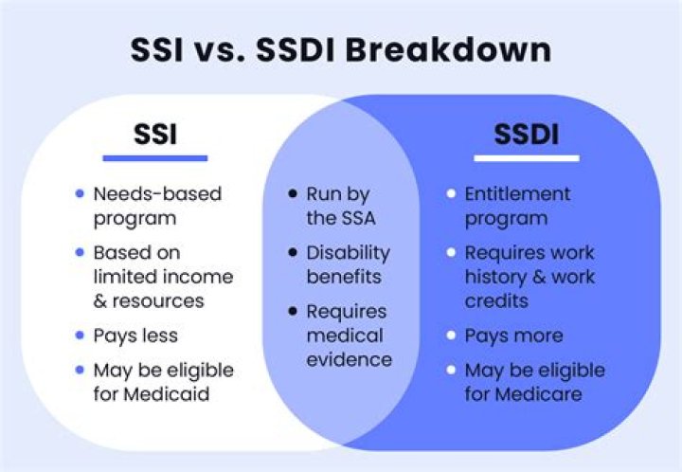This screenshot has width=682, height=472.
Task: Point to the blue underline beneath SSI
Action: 154,157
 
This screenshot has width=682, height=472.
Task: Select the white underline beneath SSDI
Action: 525,158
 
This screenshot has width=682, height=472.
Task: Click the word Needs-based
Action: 157,194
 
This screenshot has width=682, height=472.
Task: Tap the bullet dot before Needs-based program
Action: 80,194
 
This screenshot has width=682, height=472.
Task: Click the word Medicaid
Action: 173,394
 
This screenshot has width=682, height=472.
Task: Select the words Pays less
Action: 135,336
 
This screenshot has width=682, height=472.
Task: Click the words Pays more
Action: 513,336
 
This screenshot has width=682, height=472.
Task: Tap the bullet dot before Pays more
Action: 451,336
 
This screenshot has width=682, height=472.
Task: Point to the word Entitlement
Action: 517,194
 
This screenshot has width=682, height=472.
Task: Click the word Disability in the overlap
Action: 347,253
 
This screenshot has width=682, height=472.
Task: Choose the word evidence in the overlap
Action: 348,359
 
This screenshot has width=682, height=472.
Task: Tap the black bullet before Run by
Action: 293,194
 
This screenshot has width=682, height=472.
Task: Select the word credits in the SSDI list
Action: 495,300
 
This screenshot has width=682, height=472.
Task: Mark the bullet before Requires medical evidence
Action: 293,312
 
